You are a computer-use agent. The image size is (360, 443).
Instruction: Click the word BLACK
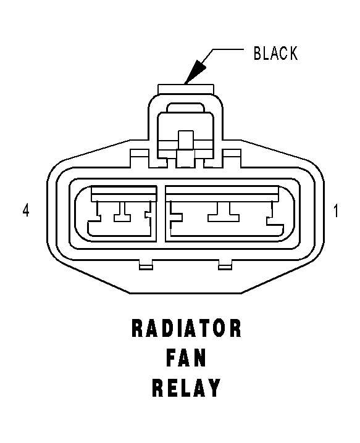(x=275, y=53)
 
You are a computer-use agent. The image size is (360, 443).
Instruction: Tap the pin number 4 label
(x=26, y=210)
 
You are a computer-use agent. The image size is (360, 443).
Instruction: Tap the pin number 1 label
(x=336, y=210)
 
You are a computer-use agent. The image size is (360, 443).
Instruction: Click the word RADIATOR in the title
(x=186, y=328)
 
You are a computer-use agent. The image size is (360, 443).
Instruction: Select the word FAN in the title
(x=186, y=358)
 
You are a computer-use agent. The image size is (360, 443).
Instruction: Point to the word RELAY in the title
(x=186, y=387)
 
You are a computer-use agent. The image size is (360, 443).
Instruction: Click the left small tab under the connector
(x=146, y=265)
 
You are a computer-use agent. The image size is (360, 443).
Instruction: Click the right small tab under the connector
(x=225, y=265)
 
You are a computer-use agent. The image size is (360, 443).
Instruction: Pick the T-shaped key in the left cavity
(x=122, y=212)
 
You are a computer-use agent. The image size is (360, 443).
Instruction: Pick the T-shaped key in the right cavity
(x=224, y=212)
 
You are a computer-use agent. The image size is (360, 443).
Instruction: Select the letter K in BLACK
(x=293, y=53)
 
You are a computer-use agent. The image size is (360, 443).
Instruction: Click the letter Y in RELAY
(x=214, y=387)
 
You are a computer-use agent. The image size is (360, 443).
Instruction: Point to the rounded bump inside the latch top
(x=185, y=107)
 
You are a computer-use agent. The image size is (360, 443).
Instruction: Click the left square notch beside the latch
(x=139, y=158)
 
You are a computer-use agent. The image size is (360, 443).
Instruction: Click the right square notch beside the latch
(x=232, y=158)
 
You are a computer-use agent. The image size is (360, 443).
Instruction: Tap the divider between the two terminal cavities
(x=161, y=214)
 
